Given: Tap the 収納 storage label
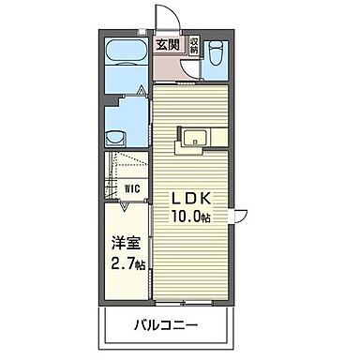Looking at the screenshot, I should [193, 45].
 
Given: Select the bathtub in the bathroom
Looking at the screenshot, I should [123, 53].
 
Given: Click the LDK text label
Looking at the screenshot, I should [193, 200].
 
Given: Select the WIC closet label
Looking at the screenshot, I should [133, 187].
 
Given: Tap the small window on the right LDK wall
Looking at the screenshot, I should [241, 216].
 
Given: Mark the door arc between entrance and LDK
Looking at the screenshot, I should [165, 75].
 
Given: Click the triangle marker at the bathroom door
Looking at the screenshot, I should [140, 91].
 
